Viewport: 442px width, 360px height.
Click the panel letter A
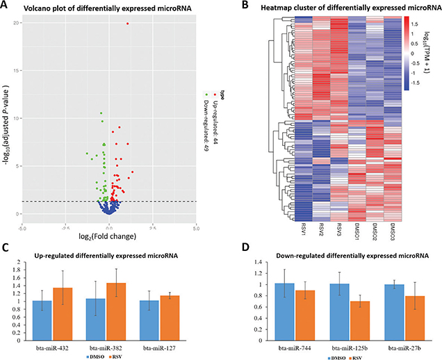pos(6,6)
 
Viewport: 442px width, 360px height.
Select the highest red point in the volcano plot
pos(127,24)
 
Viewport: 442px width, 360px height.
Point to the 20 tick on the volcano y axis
pos(15,23)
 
